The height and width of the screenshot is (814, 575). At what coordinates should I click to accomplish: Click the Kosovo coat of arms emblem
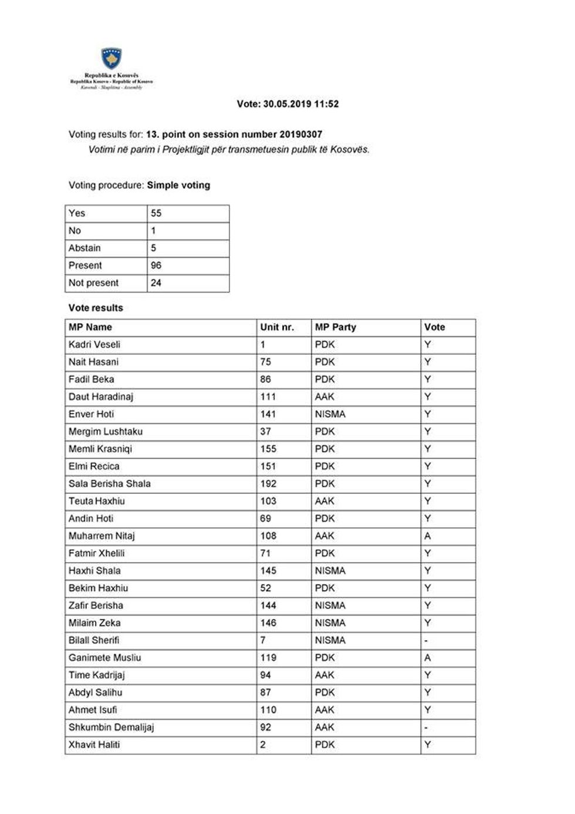[x=111, y=59]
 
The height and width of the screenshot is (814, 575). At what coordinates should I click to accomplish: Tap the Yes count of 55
[x=156, y=213]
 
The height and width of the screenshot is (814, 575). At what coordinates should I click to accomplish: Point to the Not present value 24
[x=156, y=282]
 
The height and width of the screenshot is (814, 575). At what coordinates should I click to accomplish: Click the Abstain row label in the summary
[x=84, y=248]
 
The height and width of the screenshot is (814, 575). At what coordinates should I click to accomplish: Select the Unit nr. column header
[x=277, y=327]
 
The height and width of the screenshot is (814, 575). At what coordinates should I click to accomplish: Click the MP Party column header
[x=336, y=327]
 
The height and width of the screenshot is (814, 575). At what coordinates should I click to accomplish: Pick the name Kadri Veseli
[x=94, y=345]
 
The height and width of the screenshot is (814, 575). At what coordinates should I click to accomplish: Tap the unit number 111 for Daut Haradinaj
[x=268, y=396]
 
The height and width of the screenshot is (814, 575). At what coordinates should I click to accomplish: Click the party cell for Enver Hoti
[x=330, y=414]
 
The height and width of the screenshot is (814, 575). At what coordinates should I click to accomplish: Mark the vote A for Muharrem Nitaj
[x=428, y=536]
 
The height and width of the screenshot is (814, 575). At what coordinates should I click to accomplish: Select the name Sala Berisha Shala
[x=110, y=483]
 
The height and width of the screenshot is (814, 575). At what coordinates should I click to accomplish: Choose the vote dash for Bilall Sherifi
[x=426, y=640]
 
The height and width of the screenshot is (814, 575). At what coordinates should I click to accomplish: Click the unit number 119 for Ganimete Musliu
[x=268, y=658]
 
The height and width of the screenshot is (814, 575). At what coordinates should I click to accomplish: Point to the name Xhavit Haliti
[x=94, y=745]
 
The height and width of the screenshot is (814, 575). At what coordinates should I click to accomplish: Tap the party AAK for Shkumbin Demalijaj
[x=324, y=727]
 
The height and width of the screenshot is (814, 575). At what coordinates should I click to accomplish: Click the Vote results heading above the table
[x=96, y=308]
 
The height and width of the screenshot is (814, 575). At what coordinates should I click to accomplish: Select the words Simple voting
[x=178, y=185]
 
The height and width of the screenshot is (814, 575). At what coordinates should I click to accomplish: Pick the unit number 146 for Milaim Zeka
[x=268, y=623]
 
